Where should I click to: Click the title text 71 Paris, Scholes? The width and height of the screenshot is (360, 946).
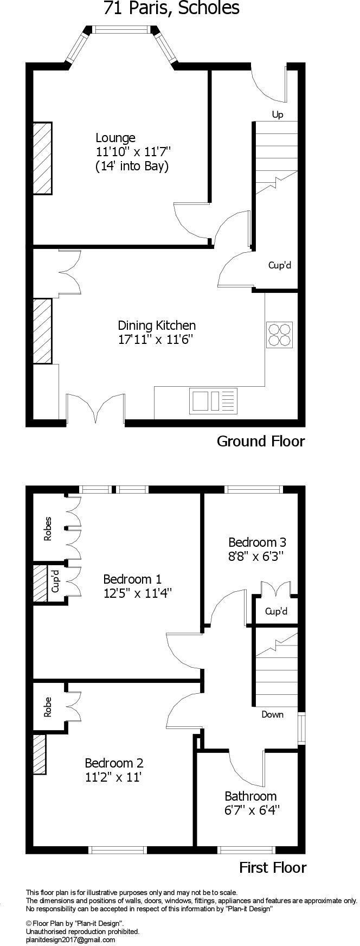point(171,9)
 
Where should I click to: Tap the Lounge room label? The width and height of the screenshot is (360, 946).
point(115,138)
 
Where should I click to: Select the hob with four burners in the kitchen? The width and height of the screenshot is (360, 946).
point(279,335)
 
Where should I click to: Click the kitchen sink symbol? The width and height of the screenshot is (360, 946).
point(213,400)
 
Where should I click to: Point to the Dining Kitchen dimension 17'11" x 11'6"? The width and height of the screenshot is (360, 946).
point(156,340)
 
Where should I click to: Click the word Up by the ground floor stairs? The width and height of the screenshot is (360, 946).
point(278,114)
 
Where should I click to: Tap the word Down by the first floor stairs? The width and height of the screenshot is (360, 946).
point(272,714)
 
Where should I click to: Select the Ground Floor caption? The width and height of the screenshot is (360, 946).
point(261,441)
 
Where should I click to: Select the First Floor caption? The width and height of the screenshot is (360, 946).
point(273,868)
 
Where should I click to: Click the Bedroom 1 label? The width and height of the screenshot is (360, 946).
point(132,579)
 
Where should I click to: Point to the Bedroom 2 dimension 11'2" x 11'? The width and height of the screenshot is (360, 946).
point(113,777)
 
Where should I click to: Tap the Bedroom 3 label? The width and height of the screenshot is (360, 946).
point(257,542)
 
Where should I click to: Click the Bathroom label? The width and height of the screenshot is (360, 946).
point(250,796)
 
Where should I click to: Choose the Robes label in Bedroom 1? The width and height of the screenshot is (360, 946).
point(48,528)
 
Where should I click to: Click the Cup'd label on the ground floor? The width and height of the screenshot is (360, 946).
point(280,265)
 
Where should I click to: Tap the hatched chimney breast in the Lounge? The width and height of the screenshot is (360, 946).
point(42,158)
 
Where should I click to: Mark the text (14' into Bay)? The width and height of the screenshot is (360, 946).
point(132,166)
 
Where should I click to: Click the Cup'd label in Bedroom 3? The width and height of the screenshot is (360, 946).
point(276,612)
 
